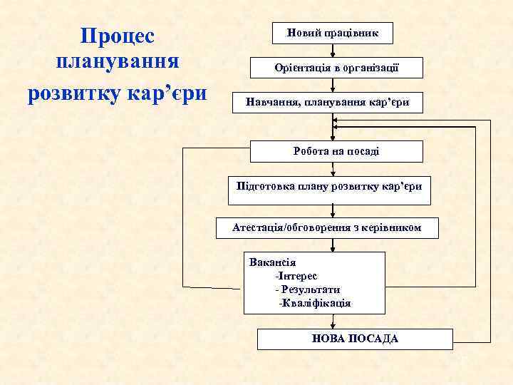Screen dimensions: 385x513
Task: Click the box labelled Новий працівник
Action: [333, 33]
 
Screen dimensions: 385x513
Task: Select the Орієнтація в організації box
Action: [336, 68]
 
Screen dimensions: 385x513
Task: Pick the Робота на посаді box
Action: [336, 151]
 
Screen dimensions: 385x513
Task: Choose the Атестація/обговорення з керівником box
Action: [327, 228]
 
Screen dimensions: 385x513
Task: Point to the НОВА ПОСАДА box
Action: [355, 339]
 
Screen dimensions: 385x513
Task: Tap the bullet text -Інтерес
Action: [296, 275]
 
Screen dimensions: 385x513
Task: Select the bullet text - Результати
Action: [307, 289]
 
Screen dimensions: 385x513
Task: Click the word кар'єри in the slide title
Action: [168, 93]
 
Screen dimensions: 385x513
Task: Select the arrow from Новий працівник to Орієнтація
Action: [333, 50]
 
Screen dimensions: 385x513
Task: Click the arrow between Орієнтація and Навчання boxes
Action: [333, 84]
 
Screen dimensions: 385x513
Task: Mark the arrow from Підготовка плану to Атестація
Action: [333, 211]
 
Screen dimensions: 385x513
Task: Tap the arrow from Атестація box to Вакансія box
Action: [333, 245]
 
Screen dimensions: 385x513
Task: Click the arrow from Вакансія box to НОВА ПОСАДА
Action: [333, 322]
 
